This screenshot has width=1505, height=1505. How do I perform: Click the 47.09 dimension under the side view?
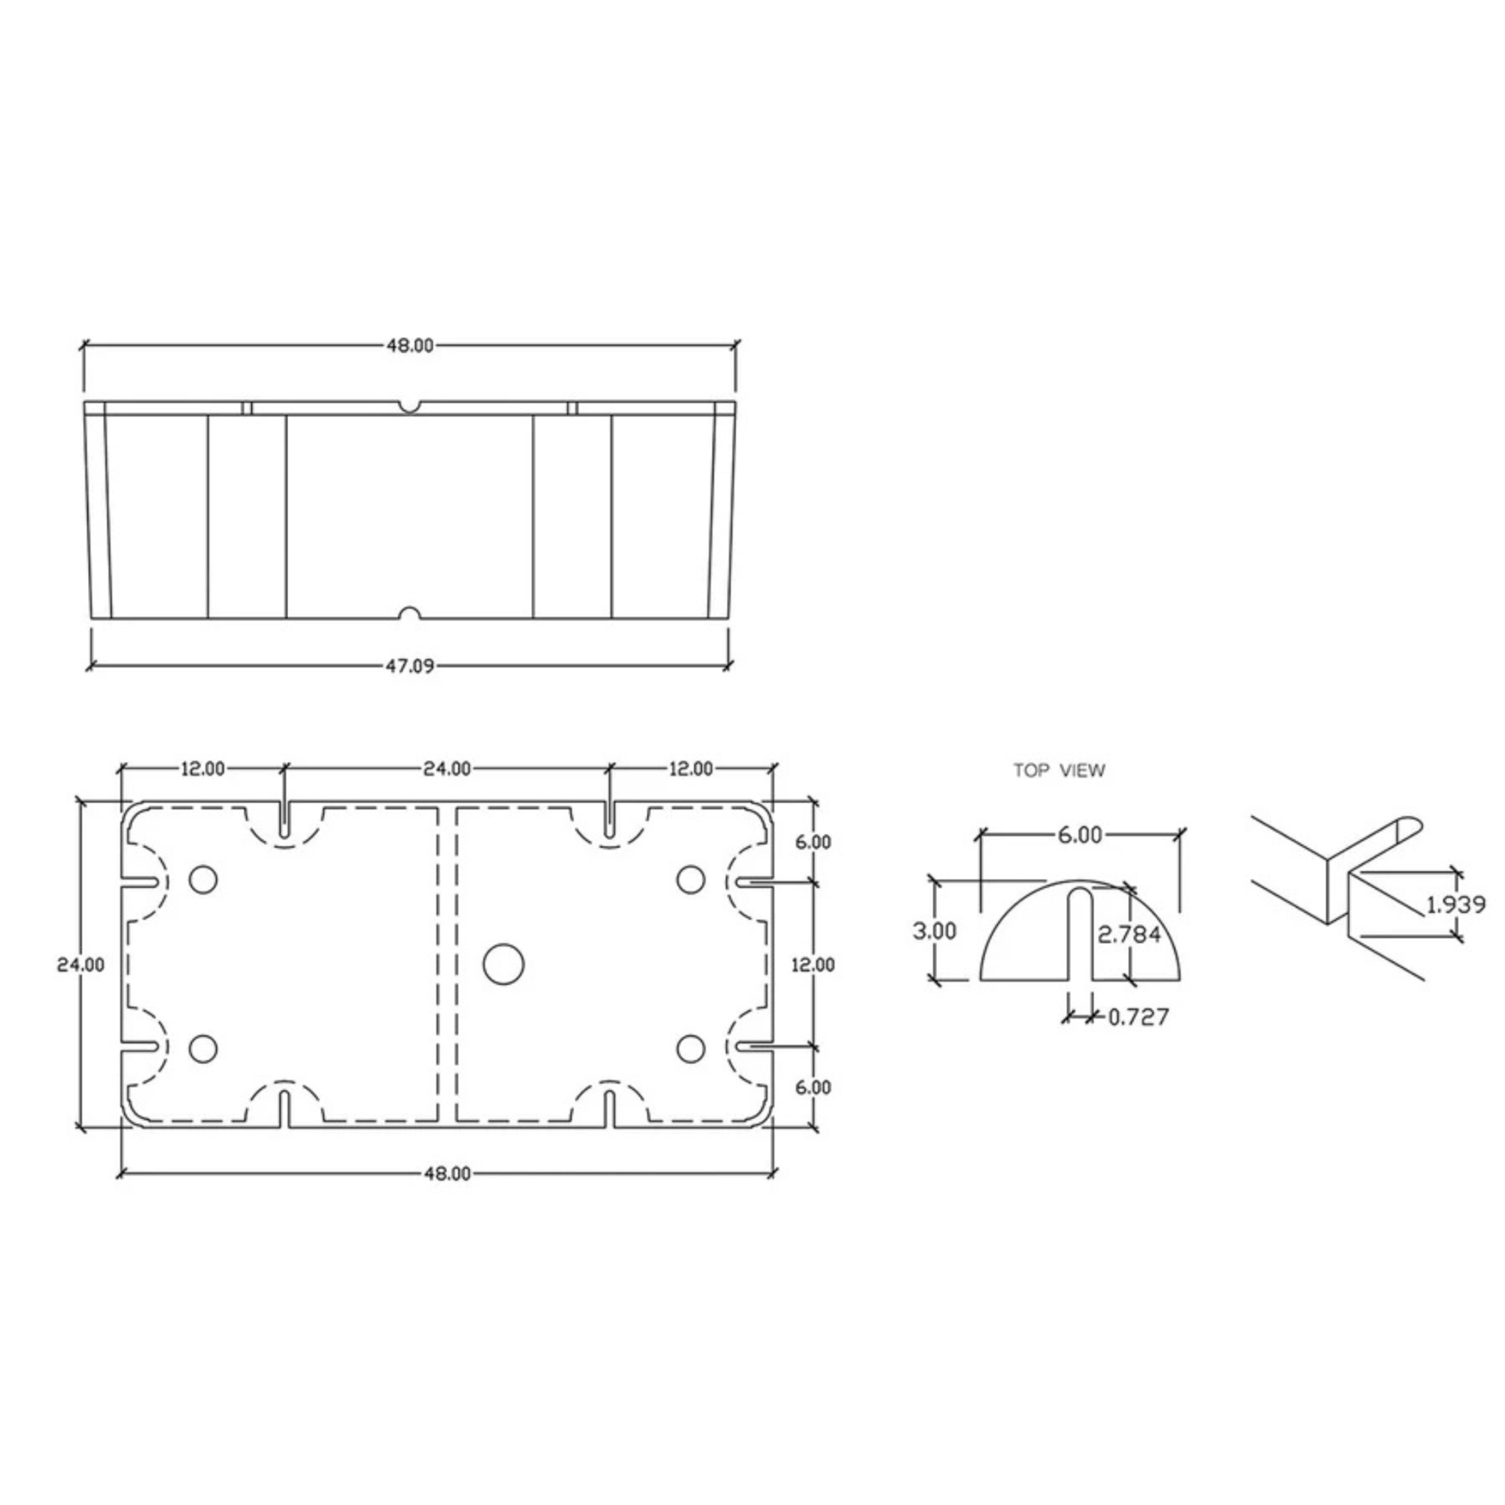pos(410,666)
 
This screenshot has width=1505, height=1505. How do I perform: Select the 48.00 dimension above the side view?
pos(410,346)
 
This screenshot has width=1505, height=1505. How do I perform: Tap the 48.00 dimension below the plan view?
pos(447,1174)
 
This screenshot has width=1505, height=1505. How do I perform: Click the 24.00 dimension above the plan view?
pos(447,769)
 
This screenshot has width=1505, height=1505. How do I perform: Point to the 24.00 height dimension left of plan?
pos(81,965)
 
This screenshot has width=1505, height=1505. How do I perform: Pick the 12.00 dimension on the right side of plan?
pos(813,965)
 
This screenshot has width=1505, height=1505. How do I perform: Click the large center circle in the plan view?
pos(503,965)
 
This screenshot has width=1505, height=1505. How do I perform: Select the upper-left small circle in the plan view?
pos(203,880)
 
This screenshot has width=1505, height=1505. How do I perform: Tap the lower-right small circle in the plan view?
pos(690,1049)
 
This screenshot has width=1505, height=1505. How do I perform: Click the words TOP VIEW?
pos(1059,771)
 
